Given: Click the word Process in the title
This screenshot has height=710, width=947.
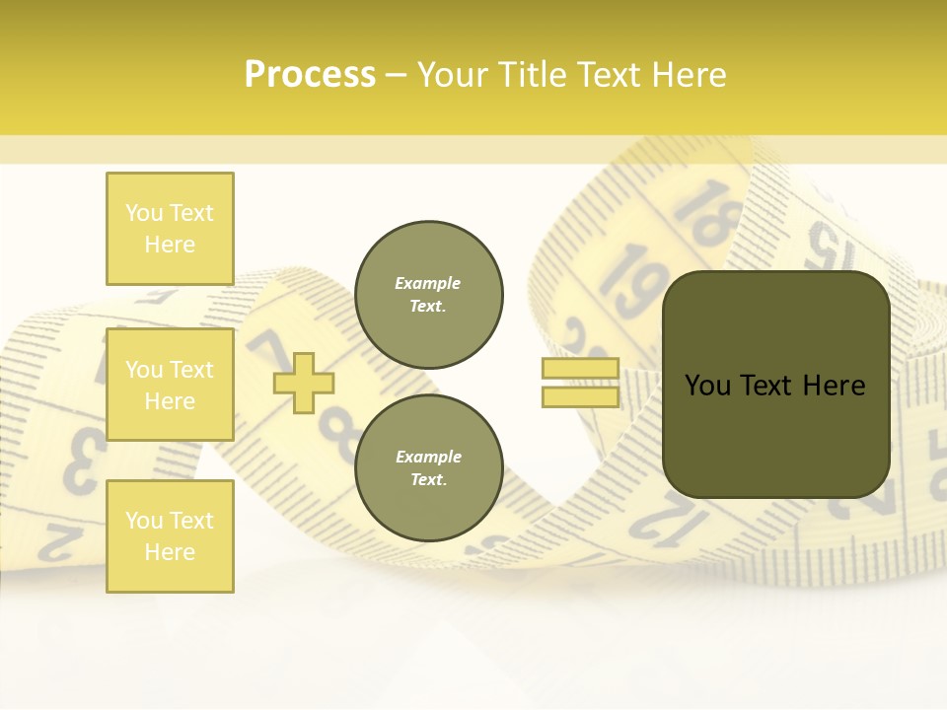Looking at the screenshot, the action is tap(310, 75).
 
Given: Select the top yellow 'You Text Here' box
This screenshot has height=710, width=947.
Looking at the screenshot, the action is tap(170, 229).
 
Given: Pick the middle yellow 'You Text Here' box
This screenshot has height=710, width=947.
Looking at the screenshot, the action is tap(170, 385).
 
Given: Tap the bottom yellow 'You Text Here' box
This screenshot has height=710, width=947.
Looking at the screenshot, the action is tap(170, 535).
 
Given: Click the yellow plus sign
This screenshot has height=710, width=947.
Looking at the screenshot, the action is tap(304, 383).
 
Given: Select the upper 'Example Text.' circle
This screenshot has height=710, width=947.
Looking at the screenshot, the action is tap(428, 295).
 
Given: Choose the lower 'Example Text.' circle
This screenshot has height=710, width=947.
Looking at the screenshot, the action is tap(428, 468).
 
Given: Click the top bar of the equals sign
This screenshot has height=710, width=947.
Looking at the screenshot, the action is tap(580, 368).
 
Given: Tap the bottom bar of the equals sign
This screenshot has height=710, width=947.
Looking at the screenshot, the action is tap(580, 396).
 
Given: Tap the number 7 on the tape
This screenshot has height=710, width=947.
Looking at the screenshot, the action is tap(264, 351).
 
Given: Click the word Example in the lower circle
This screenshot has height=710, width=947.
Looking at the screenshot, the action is tap(428, 457).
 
